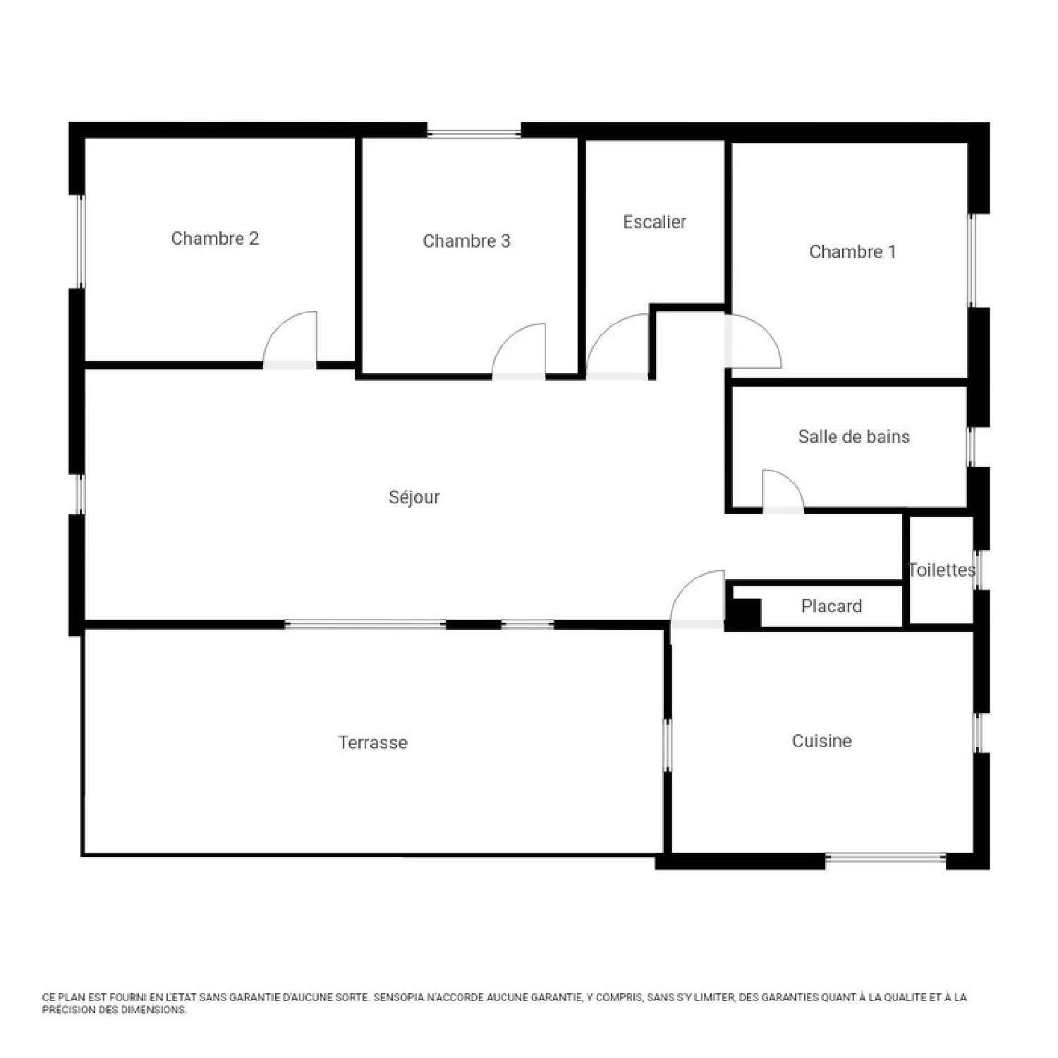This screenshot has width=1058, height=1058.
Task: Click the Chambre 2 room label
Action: click(x=215, y=238)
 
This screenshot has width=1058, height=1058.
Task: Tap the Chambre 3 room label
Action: click(x=466, y=241)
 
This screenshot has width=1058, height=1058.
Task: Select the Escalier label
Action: click(x=655, y=222)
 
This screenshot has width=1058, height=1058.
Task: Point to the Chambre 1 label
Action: click(x=852, y=252)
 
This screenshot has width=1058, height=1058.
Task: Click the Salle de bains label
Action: click(x=853, y=437)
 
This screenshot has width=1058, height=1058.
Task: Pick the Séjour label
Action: click(x=414, y=497)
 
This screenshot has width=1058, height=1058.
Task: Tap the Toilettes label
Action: click(x=942, y=570)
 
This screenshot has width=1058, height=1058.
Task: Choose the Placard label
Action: click(x=831, y=606)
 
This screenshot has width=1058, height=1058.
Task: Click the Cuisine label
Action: click(x=822, y=741)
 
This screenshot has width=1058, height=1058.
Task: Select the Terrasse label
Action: click(x=372, y=742)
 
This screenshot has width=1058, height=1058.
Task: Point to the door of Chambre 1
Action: click(x=752, y=342)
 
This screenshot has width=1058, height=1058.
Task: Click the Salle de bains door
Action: click(x=782, y=491)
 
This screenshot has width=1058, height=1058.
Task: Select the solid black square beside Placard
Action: click(x=743, y=612)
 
